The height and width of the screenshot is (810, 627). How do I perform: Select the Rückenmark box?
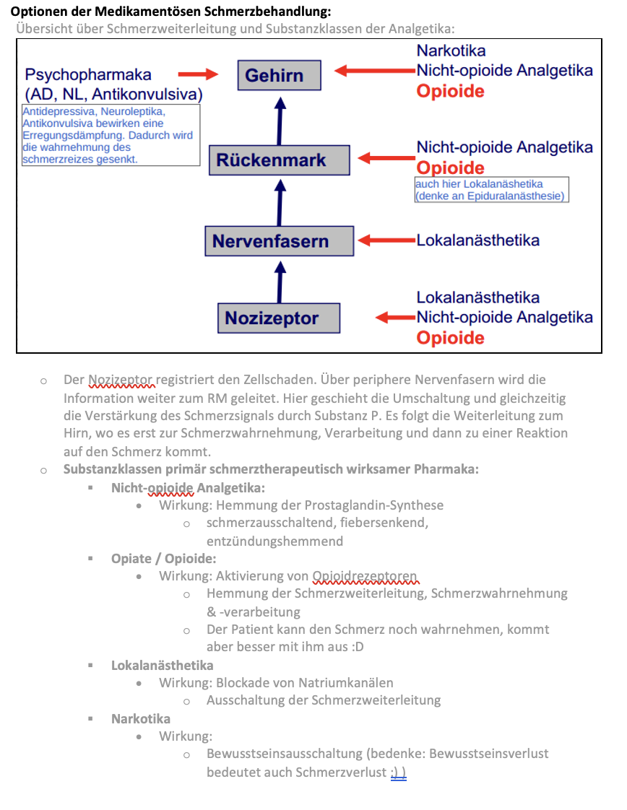(x=279, y=160)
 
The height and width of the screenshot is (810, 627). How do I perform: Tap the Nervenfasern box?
(x=280, y=241)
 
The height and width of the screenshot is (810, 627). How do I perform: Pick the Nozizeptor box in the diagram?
(x=279, y=318)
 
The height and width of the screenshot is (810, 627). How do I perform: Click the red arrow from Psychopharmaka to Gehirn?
(x=198, y=74)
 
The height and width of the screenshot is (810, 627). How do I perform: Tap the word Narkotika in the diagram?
(x=451, y=51)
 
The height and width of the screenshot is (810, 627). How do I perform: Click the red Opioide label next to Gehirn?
(x=450, y=91)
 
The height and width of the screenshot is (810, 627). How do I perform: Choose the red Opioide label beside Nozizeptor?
(x=450, y=338)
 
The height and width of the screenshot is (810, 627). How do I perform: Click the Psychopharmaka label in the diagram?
(x=88, y=74)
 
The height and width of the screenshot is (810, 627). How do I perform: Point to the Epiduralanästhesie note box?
(x=491, y=190)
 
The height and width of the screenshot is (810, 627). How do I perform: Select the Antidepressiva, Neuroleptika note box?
(x=111, y=135)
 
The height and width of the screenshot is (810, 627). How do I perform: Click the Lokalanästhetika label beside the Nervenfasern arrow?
(x=477, y=240)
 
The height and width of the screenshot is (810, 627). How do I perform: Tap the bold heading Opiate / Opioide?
(x=163, y=558)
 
